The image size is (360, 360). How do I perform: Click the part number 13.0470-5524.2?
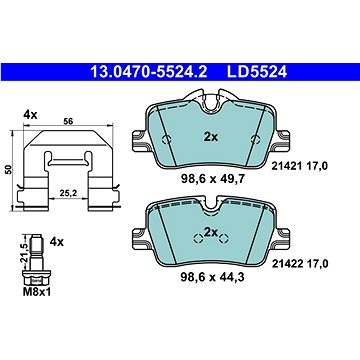click(149, 71)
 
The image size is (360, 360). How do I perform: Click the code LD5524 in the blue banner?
click(257, 71)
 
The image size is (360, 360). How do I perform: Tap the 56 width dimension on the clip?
click(68, 121)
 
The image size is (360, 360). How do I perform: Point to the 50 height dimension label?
click(8, 169)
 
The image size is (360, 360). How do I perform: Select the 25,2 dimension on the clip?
click(68, 193)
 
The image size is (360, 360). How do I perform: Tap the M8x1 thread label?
click(37, 293)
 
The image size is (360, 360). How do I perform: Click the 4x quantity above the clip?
click(30, 115)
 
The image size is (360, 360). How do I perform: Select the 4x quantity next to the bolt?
click(56, 242)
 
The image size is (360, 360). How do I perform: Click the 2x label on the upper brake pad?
click(211, 137)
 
